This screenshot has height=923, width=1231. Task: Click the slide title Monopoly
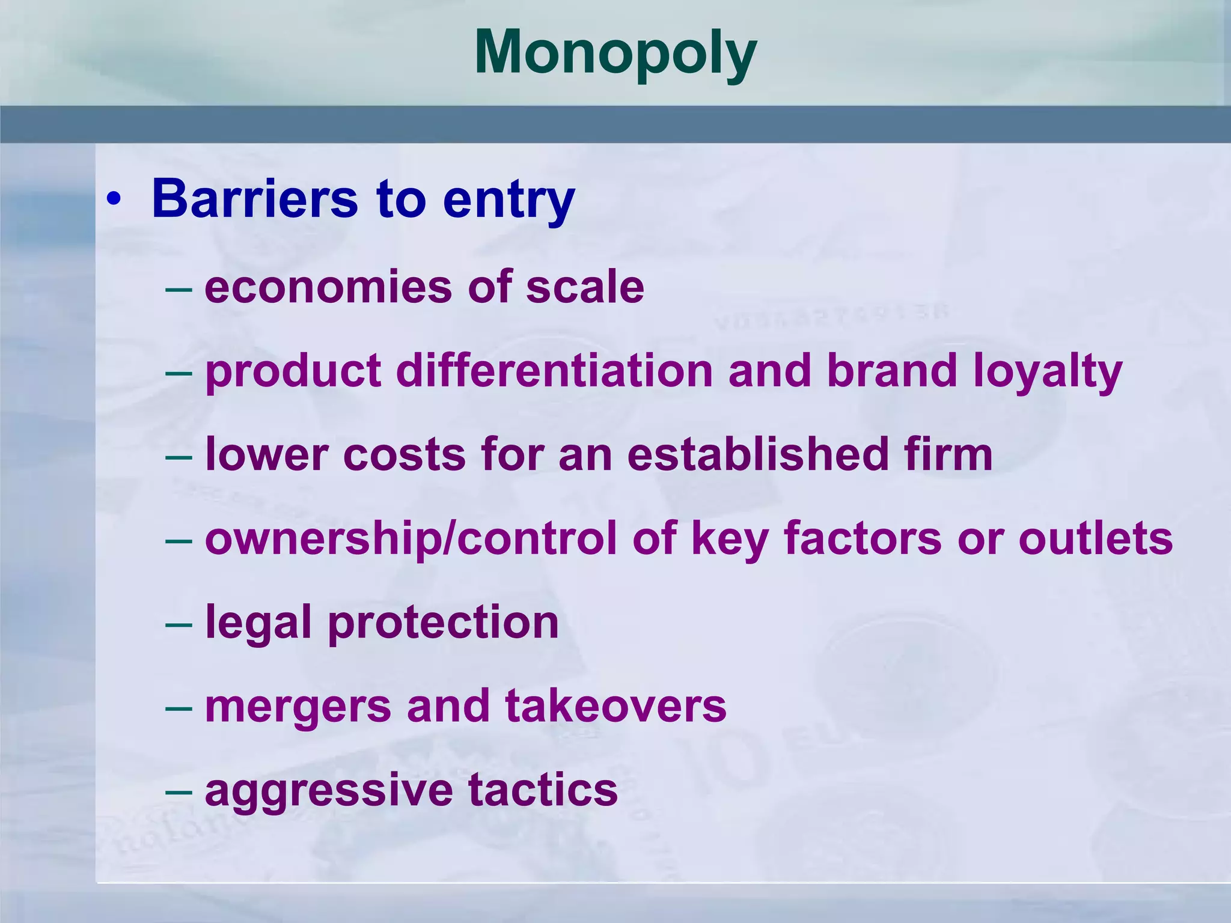click(x=615, y=54)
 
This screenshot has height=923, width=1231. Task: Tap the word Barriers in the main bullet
click(x=255, y=199)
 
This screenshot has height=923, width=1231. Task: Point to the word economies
click(x=328, y=287)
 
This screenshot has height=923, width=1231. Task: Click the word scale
click(x=585, y=287)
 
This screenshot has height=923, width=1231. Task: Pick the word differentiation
click(x=554, y=371)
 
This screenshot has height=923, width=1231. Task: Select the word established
click(x=758, y=454)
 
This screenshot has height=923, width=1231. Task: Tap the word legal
click(x=258, y=623)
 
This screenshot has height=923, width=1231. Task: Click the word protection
click(x=443, y=623)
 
